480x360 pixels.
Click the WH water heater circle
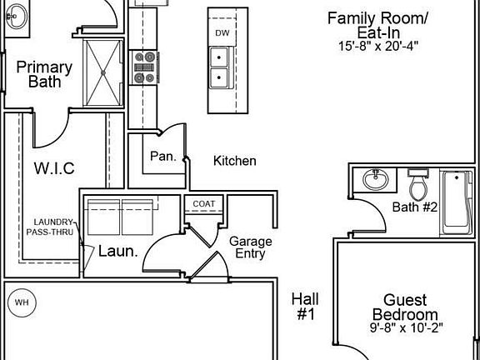pyautogui.click(x=22, y=302)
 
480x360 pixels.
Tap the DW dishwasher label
pyautogui.click(x=222, y=33)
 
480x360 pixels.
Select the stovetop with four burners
pyautogui.click(x=144, y=67)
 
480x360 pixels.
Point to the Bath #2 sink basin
pyautogui.click(x=376, y=179)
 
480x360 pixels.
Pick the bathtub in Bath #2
pyautogui.click(x=456, y=203)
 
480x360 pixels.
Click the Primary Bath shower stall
pyautogui.click(x=103, y=72)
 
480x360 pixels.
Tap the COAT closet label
pyautogui.click(x=204, y=204)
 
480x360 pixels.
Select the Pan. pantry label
pyautogui.click(x=163, y=157)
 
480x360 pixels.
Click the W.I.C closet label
pyautogui.click(x=54, y=168)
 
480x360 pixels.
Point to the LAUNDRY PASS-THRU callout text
pyautogui.click(x=50, y=227)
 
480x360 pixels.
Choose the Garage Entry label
pyautogui.click(x=250, y=247)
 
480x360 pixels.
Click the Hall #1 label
pyautogui.click(x=305, y=307)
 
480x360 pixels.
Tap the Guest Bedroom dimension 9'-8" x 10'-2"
pyautogui.click(x=406, y=327)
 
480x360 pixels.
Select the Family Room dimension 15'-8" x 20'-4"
pyautogui.click(x=378, y=46)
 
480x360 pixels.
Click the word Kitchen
pyautogui.click(x=235, y=161)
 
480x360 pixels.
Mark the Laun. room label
pyautogui.click(x=117, y=252)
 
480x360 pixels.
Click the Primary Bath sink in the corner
pyautogui.click(x=17, y=17)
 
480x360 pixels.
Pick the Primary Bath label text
pyautogui.click(x=44, y=74)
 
